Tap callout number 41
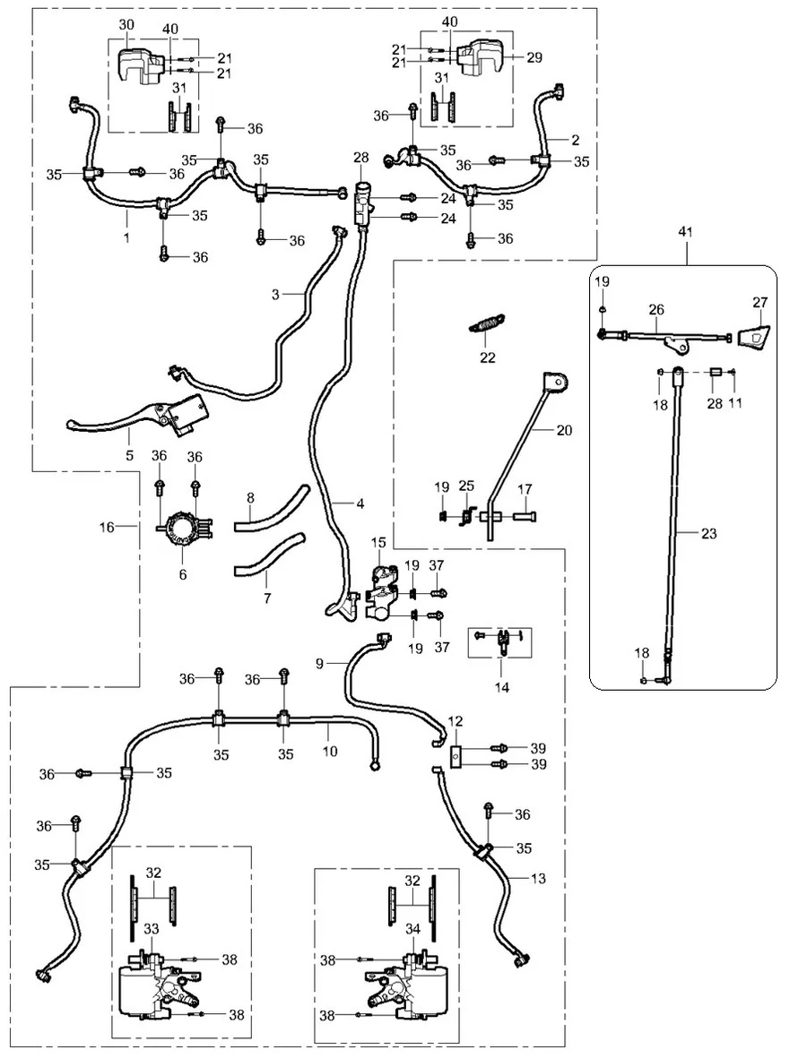(687, 231)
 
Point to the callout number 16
(107, 528)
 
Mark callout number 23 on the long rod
(709, 533)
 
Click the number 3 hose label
(276, 294)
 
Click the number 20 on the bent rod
(563, 431)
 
